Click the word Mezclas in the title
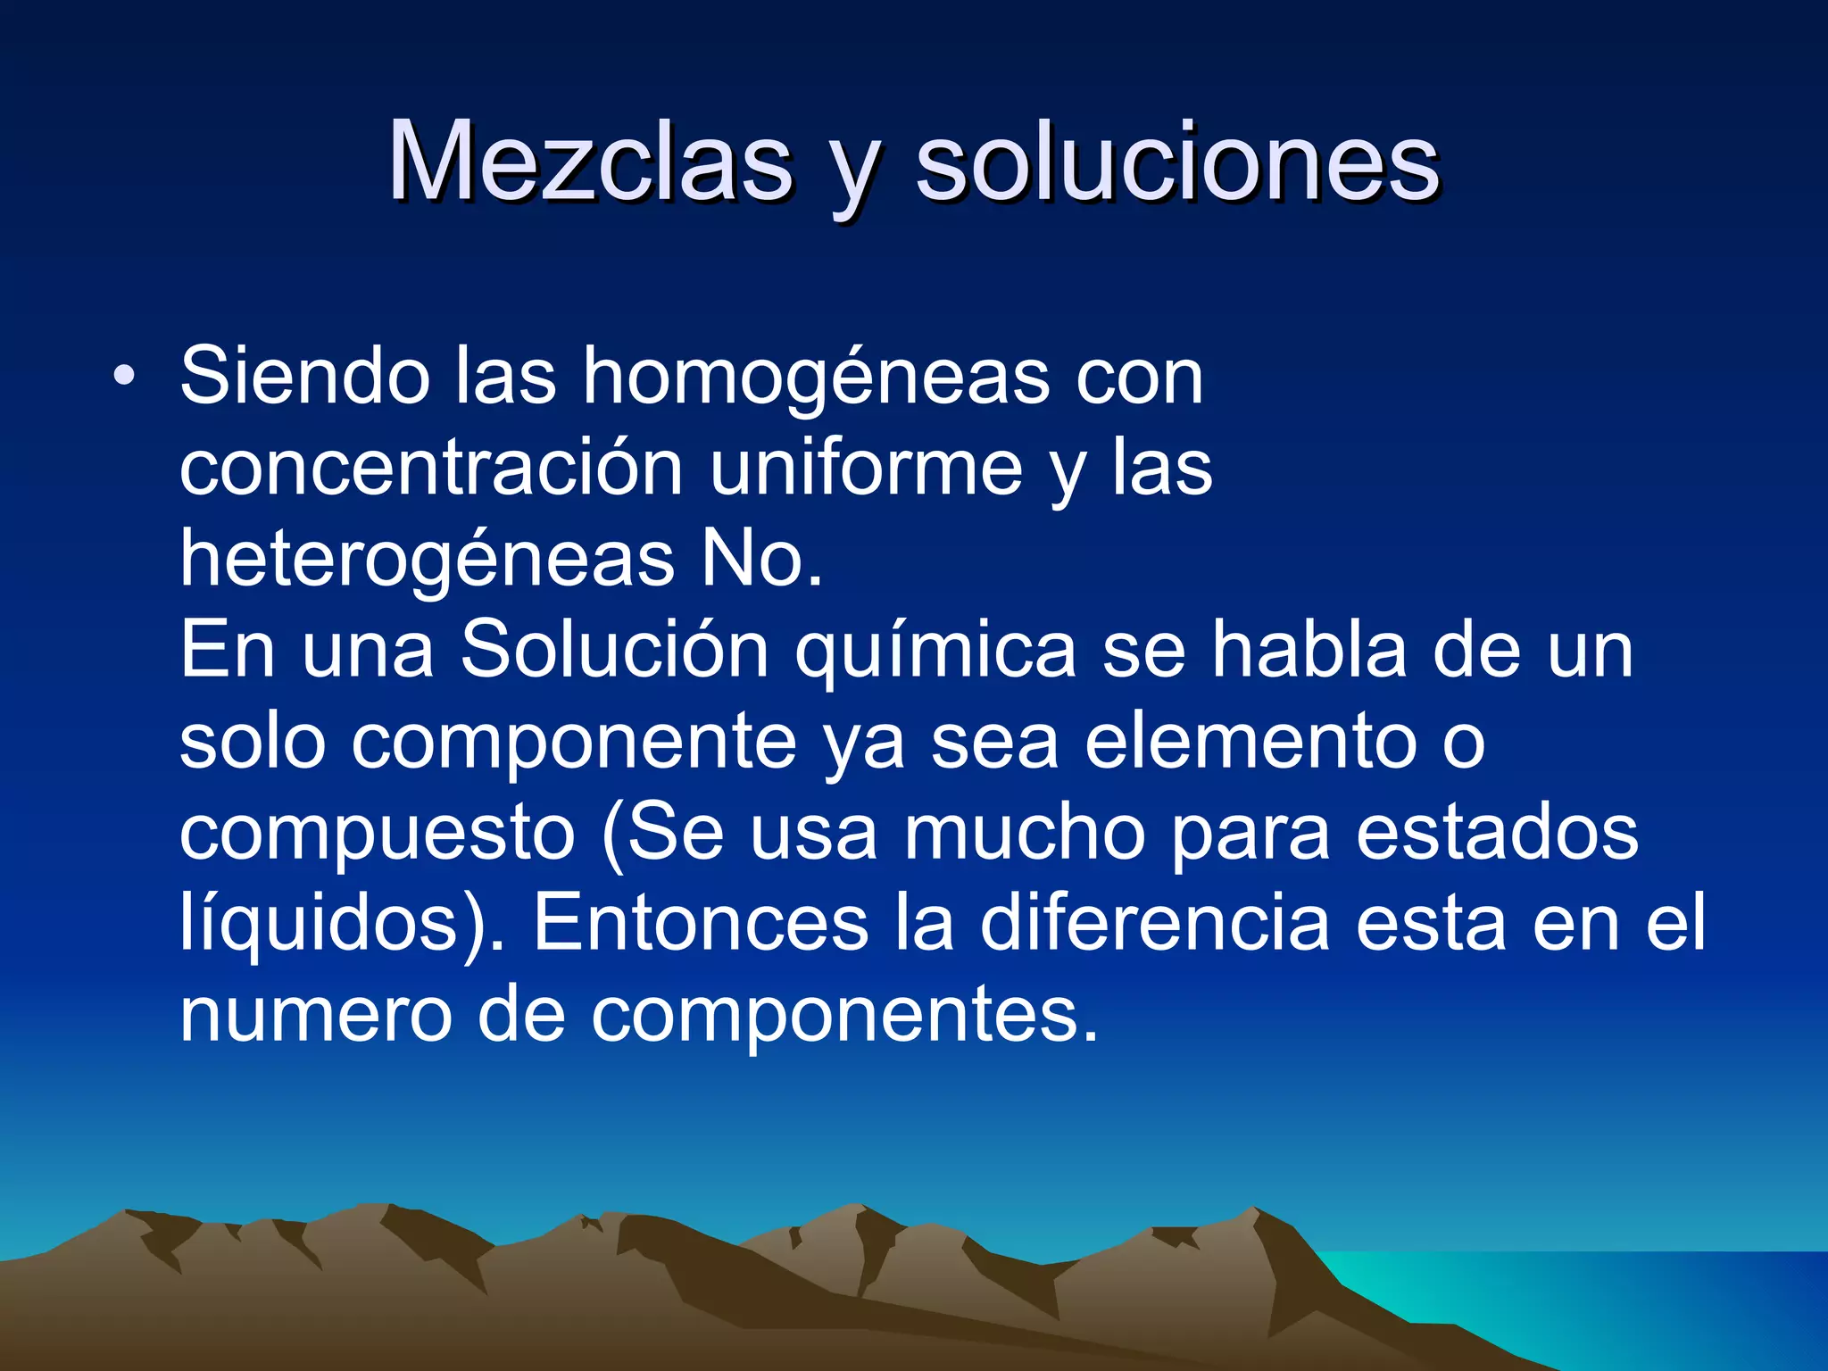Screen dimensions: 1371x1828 [590, 162]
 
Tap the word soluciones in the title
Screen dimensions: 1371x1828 [1177, 162]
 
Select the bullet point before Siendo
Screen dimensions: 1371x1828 [124, 375]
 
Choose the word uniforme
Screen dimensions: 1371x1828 [866, 468]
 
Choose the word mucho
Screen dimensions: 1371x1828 [1024, 832]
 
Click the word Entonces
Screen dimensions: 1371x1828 [701, 923]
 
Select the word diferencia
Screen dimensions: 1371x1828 [1155, 923]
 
